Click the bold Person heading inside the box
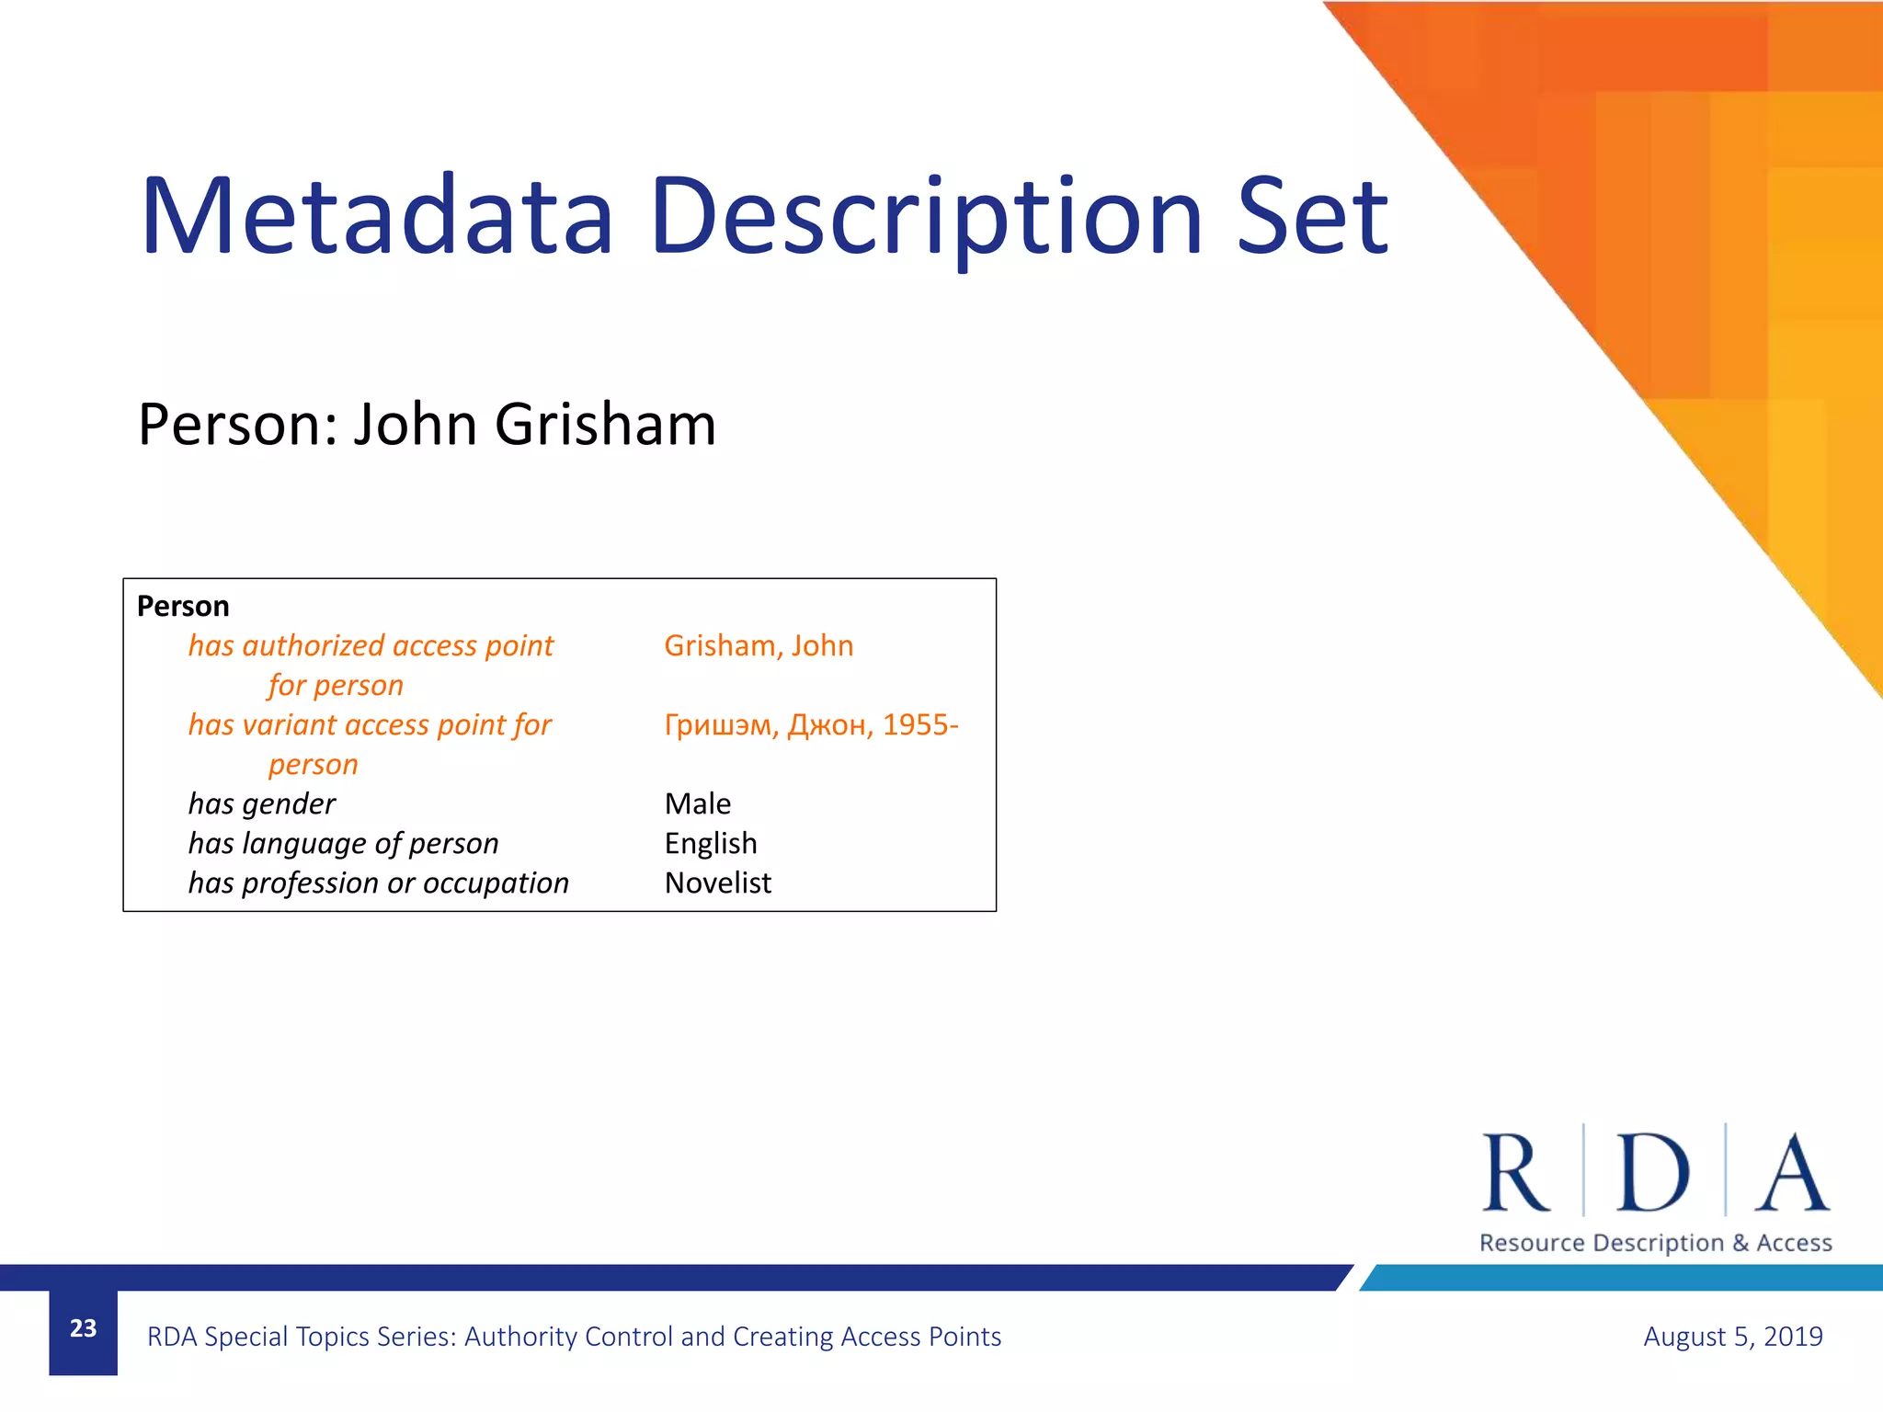pyautogui.click(x=183, y=607)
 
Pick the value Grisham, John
pyautogui.click(x=759, y=646)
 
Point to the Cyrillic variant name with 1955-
pyautogui.click(x=811, y=725)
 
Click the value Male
pyautogui.click(x=698, y=804)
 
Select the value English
pyautogui.click(x=711, y=844)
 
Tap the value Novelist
pyautogui.click(x=718, y=883)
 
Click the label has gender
pyautogui.click(x=262, y=804)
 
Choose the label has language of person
pyautogui.click(x=343, y=844)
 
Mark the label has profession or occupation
pyautogui.click(x=378, y=883)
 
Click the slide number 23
pyautogui.click(x=84, y=1328)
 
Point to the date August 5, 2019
pyautogui.click(x=1732, y=1337)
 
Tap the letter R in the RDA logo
pyautogui.click(x=1515, y=1173)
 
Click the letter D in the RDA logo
pyautogui.click(x=1653, y=1173)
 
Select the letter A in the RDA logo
pyautogui.click(x=1792, y=1173)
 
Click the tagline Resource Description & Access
pyautogui.click(x=1655, y=1243)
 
